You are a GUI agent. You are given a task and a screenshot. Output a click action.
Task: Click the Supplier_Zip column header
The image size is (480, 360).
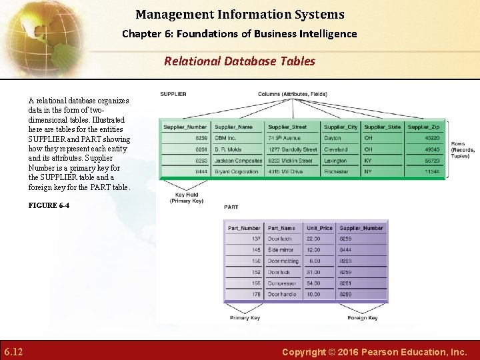point(423,127)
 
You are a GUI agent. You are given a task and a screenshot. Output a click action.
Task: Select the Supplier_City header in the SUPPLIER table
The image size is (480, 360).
point(341,127)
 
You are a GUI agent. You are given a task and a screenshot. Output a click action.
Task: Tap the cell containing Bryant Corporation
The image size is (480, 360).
point(236,171)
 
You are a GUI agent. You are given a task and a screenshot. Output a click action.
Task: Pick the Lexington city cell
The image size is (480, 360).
point(335,161)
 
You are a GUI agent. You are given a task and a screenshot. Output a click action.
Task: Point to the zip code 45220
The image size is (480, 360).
point(432,138)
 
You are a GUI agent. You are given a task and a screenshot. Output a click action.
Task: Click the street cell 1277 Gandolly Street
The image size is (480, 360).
point(293,149)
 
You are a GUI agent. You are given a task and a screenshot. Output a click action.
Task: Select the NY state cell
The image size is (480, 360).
point(368,171)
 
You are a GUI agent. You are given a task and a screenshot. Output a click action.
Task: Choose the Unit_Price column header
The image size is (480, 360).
point(319,228)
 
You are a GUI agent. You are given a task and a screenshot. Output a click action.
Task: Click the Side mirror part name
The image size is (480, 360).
point(281,250)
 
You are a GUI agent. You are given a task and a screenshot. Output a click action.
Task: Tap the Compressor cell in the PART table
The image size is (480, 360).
point(282,283)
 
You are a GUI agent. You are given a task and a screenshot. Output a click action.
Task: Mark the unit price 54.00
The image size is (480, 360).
point(313,283)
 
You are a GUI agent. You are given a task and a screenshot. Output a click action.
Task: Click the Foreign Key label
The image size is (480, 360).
point(363,318)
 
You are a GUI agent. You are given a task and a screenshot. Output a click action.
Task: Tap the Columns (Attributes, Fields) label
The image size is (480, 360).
point(293,94)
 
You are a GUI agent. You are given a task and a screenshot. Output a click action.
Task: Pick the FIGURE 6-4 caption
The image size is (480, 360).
point(49,205)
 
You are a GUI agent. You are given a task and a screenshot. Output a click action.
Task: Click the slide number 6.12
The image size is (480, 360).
point(14,351)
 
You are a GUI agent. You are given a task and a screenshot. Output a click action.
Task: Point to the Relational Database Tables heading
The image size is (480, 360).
point(240,61)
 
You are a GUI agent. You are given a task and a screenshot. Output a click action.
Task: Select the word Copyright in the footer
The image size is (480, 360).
point(303,351)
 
